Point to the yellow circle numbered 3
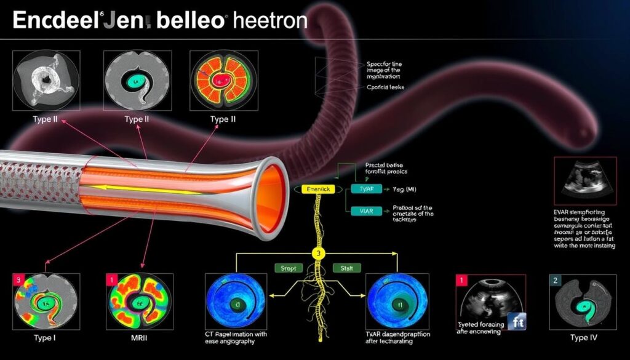[318, 254]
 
